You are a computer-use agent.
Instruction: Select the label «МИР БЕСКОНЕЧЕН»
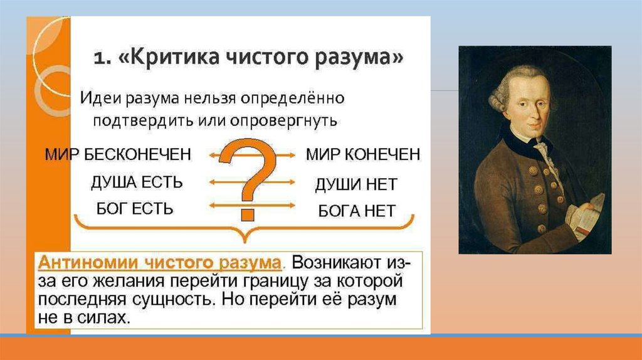[x=118, y=154]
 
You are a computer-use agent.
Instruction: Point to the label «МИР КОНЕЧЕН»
[x=363, y=154]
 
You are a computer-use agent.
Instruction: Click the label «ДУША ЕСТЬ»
[x=137, y=183]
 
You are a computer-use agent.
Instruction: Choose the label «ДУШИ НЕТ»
[x=356, y=184]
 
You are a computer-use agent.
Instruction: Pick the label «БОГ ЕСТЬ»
[x=135, y=209]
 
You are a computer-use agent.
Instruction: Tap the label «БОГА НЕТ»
[x=357, y=211]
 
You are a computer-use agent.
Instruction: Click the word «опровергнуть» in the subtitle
[x=283, y=121]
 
